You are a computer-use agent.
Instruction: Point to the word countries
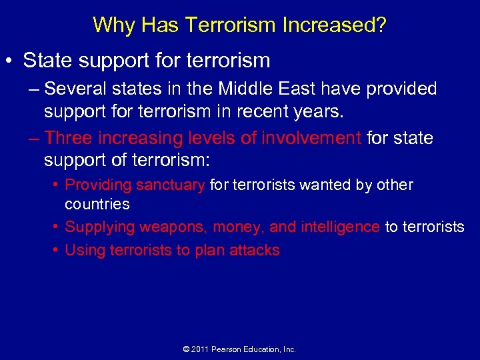tap(97, 204)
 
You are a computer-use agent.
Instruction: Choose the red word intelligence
tap(339, 227)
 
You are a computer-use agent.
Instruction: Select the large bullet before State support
tap(11, 61)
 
